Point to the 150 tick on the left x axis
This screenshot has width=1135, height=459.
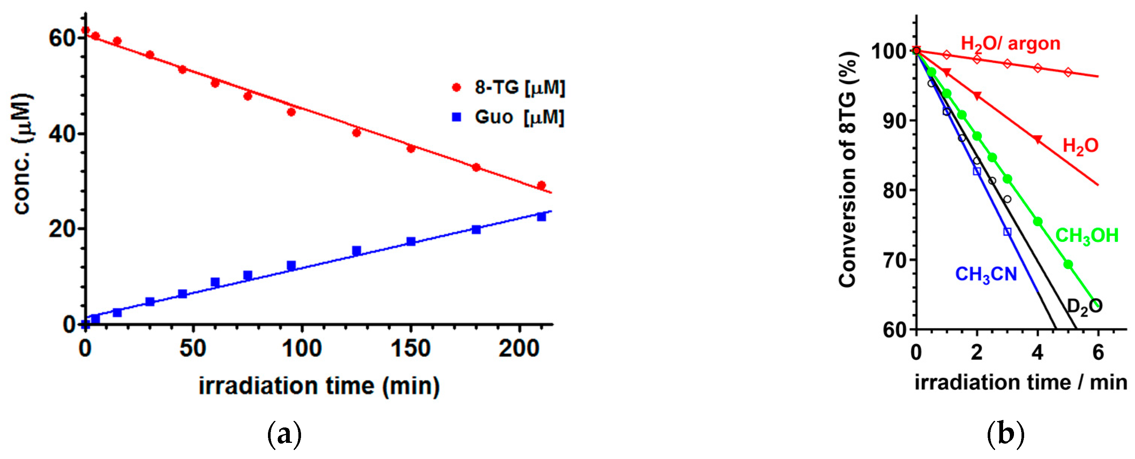(410, 349)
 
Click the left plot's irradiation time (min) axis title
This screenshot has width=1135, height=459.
(319, 386)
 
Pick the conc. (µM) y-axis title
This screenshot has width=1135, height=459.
(22, 154)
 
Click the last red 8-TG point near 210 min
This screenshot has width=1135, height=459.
(542, 186)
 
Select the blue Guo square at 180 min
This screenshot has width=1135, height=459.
(476, 229)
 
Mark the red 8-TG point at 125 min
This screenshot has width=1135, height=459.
(356, 133)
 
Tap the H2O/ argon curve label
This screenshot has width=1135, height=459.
(1010, 44)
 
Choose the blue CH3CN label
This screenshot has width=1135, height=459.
(986, 275)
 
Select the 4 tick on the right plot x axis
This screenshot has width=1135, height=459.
(1038, 352)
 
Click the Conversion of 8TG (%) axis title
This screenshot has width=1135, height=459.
(848, 170)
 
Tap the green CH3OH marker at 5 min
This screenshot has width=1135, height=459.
(1068, 264)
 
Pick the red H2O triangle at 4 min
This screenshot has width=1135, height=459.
(1038, 139)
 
